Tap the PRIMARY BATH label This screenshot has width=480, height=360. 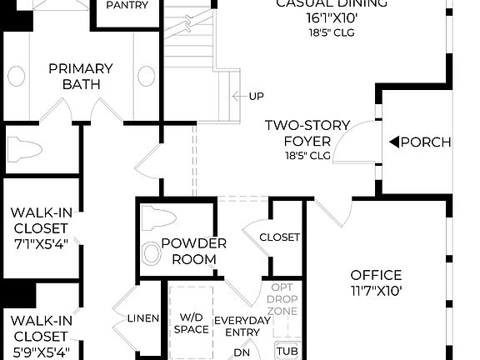click(x=81, y=77)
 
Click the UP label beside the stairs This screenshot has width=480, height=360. click(x=256, y=97)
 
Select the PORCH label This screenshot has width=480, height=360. click(x=426, y=142)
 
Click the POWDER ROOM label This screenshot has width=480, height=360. click(x=194, y=251)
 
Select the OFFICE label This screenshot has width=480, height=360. click(x=376, y=275)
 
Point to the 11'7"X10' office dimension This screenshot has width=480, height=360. click(x=376, y=291)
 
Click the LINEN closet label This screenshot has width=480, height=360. click(x=143, y=318)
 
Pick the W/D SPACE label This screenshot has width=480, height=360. click(x=192, y=323)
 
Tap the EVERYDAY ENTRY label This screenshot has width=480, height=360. click(x=243, y=327)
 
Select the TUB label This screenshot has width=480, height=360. click(x=287, y=351)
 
